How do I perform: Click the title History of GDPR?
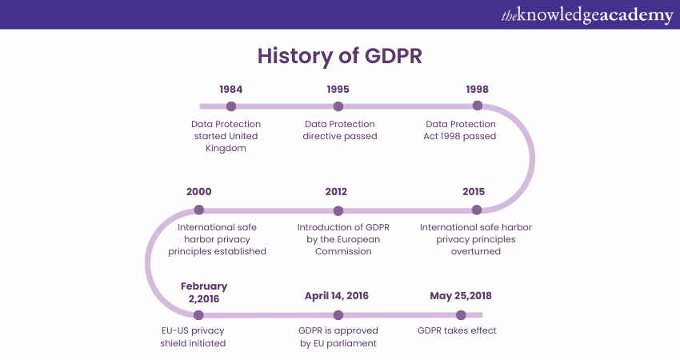(x=339, y=56)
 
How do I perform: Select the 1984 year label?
(x=230, y=90)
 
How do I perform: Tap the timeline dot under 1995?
(x=338, y=106)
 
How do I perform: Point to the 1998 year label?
(x=477, y=90)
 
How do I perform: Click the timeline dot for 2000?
(x=199, y=210)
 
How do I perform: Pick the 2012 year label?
(x=336, y=192)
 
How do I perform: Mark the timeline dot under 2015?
(x=477, y=210)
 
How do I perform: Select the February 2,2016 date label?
(x=204, y=292)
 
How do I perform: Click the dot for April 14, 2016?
(x=338, y=315)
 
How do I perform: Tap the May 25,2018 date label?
(x=461, y=296)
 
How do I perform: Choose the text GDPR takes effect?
(x=457, y=330)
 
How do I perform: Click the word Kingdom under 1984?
(x=226, y=148)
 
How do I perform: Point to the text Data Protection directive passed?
(x=340, y=130)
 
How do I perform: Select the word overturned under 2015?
(x=476, y=251)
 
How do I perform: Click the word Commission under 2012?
(x=343, y=251)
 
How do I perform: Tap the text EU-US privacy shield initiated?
(x=193, y=337)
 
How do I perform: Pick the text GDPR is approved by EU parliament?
(x=338, y=337)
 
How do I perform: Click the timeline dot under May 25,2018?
(x=461, y=315)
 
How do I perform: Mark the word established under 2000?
(x=242, y=251)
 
